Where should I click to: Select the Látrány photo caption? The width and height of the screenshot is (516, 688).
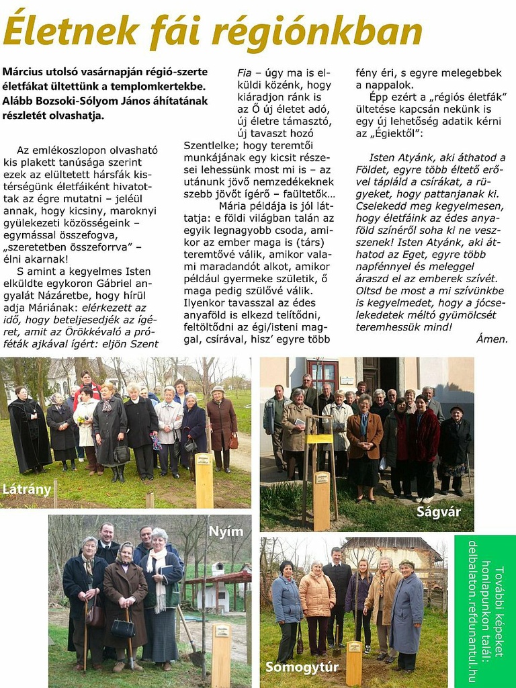coord(27,489)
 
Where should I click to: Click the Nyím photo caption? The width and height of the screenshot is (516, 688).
coord(226,531)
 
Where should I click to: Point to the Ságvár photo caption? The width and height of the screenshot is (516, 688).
coord(439,512)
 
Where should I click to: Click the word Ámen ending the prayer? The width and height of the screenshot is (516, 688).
coord(492,339)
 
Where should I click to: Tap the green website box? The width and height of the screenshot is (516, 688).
coord(484,610)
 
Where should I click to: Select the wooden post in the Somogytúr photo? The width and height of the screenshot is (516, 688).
coord(353,662)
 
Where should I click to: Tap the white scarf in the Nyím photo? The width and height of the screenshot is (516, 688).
coord(158,578)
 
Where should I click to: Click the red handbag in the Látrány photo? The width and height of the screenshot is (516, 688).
coord(233,441)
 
